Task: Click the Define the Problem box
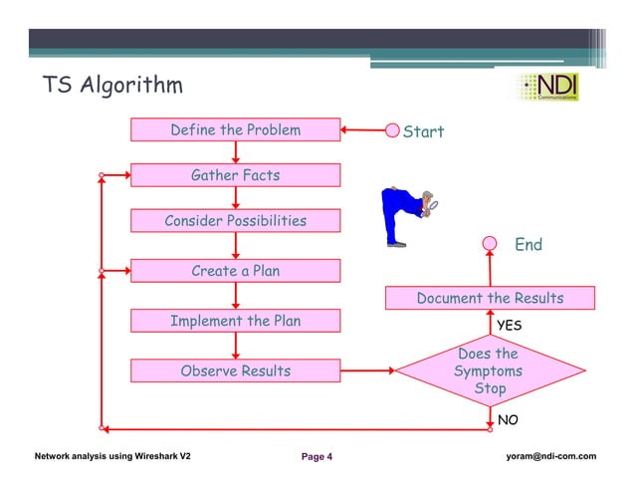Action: click(x=235, y=130)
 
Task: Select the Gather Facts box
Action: click(x=235, y=175)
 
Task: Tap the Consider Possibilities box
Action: click(x=235, y=221)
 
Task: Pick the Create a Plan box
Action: click(x=235, y=271)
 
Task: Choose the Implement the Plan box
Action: click(x=235, y=321)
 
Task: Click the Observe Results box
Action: click(x=235, y=371)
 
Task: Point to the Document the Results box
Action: click(x=490, y=298)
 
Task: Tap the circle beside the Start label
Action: click(x=392, y=131)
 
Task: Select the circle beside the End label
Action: click(x=490, y=243)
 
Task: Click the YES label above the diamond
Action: click(x=510, y=325)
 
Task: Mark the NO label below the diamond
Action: click(x=508, y=420)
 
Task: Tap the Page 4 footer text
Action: click(x=317, y=457)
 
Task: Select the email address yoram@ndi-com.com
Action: click(x=550, y=456)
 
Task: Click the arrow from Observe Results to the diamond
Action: click(x=367, y=371)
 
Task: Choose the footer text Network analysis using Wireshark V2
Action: click(x=112, y=456)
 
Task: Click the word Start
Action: click(x=423, y=131)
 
